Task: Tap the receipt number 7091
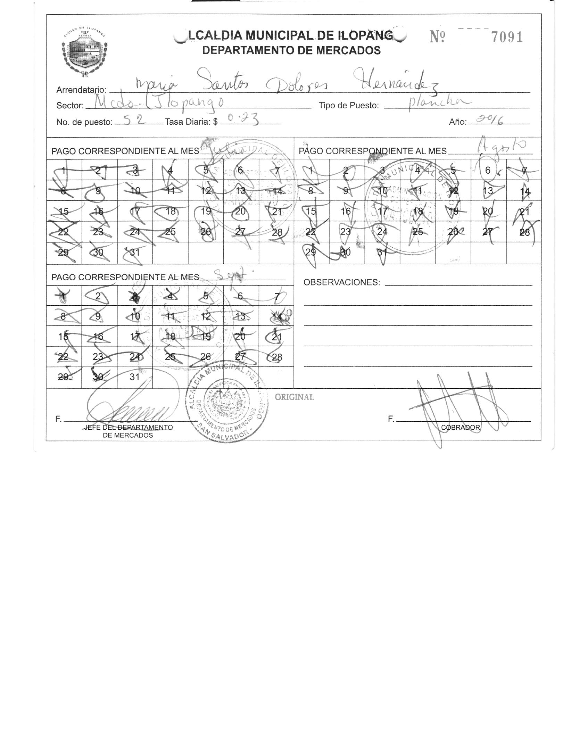pyautogui.click(x=507, y=37)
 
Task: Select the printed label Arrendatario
pyautogui.click(x=81, y=90)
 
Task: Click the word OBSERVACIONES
pyautogui.click(x=342, y=282)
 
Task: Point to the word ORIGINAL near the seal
pyautogui.click(x=294, y=397)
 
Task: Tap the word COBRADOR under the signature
pyautogui.click(x=461, y=428)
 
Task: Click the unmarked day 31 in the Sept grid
pyautogui.click(x=134, y=377)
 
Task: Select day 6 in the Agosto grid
pyautogui.click(x=488, y=170)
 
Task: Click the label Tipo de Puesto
pyautogui.click(x=349, y=105)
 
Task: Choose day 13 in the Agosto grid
pyautogui.click(x=488, y=191)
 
